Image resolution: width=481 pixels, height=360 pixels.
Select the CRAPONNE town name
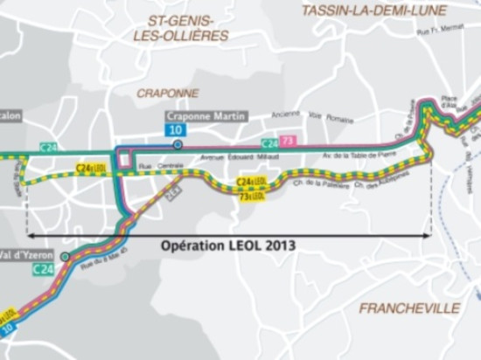[x=168, y=92]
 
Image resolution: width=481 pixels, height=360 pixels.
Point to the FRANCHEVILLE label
[x=409, y=308]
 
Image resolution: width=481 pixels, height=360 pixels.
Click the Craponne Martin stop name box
[x=206, y=116]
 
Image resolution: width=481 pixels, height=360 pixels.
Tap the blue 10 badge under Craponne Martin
[x=177, y=129]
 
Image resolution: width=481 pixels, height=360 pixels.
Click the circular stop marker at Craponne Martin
[x=178, y=144]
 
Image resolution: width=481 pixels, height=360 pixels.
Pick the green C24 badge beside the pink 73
[x=269, y=142]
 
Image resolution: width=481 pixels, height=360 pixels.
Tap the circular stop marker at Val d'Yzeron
[x=66, y=257]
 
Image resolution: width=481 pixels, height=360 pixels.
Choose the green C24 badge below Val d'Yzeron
[x=44, y=270]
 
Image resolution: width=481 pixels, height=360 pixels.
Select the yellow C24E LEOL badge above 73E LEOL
[x=252, y=182]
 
